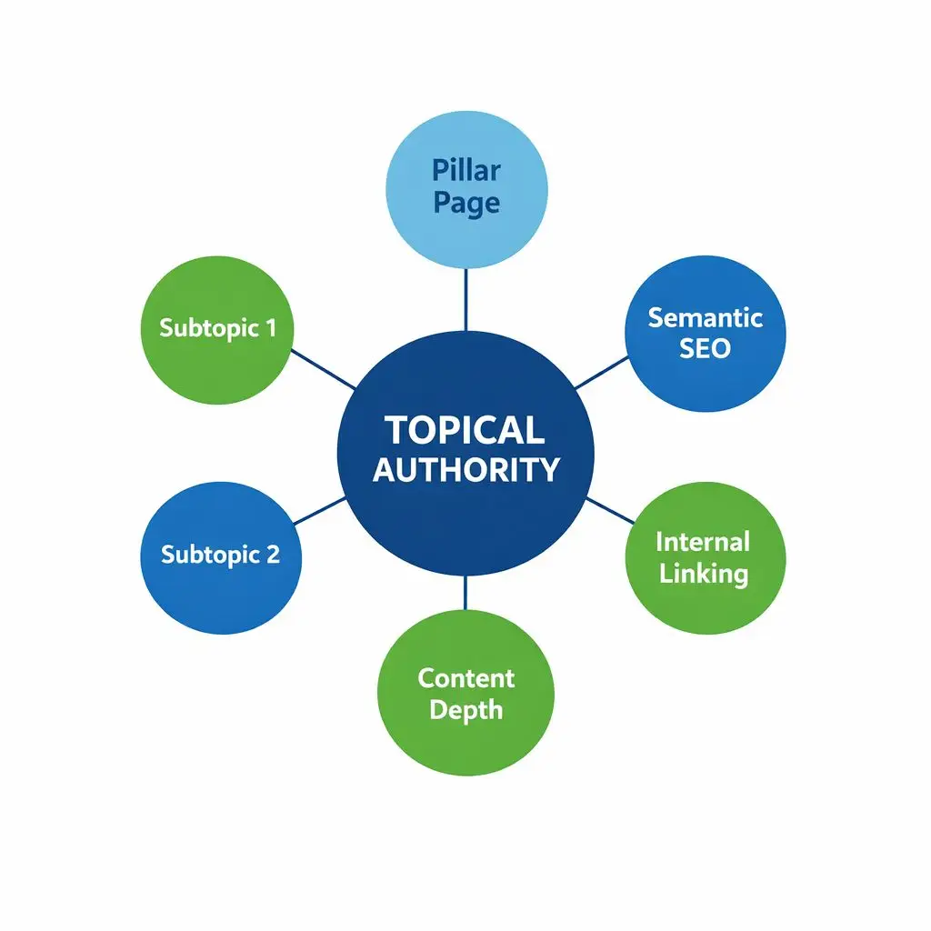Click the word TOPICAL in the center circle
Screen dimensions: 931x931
click(465, 430)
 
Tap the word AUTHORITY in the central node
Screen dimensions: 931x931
click(465, 469)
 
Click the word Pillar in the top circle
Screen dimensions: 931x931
click(466, 170)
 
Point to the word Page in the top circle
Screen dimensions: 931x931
click(466, 203)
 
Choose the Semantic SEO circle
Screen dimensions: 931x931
click(705, 333)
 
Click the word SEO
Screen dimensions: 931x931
click(705, 348)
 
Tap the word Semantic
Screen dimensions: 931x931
click(705, 317)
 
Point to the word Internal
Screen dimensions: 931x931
click(703, 542)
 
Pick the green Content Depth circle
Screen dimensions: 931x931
click(465, 693)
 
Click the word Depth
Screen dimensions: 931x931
click(465, 710)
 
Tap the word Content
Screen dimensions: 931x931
click(465, 678)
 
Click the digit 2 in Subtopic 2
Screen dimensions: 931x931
click(273, 554)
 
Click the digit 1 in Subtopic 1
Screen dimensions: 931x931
click(269, 327)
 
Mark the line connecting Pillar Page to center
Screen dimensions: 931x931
click(465, 299)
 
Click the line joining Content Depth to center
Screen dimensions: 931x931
click(465, 593)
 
